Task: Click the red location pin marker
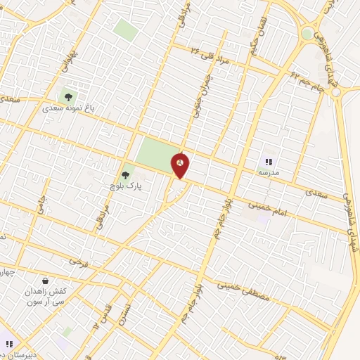coord(181,165)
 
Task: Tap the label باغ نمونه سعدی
coord(67,110)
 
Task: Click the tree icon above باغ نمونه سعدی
coord(68,97)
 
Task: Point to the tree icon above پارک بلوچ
coord(125,174)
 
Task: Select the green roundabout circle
coord(307,33)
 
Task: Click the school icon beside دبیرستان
coord(9,344)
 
